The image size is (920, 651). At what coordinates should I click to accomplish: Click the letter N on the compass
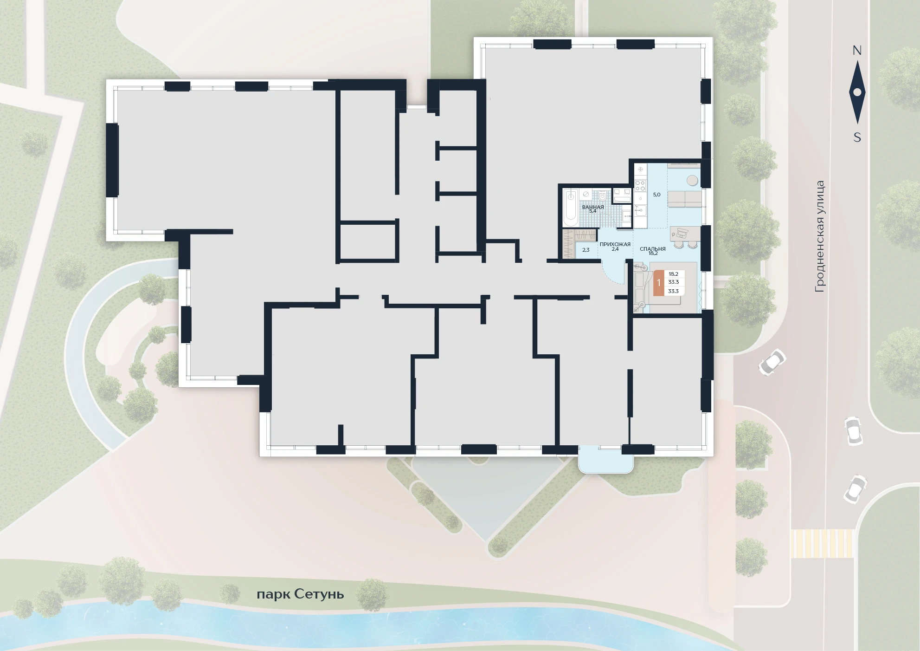tap(857, 51)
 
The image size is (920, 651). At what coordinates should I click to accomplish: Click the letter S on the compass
tap(857, 137)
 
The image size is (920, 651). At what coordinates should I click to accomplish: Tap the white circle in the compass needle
tap(857, 92)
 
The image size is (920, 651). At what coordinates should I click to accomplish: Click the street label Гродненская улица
tap(820, 236)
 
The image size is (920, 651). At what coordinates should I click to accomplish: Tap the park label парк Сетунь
tap(300, 594)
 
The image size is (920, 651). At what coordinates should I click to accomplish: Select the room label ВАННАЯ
tap(593, 207)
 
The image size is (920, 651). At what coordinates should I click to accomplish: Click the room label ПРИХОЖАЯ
tap(615, 244)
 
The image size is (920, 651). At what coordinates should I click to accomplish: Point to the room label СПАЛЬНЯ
tap(652, 249)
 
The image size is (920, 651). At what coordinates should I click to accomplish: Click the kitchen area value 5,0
tap(656, 195)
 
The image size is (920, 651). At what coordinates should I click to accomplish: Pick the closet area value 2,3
tap(585, 250)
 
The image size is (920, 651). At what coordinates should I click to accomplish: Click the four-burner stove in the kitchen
tap(640, 186)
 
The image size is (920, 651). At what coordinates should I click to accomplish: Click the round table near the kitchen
tap(693, 180)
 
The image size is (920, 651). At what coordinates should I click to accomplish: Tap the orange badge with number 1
tap(658, 282)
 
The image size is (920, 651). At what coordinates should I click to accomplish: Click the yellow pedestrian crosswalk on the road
tap(822, 543)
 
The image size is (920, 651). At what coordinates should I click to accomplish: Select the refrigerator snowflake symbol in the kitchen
tap(640, 169)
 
